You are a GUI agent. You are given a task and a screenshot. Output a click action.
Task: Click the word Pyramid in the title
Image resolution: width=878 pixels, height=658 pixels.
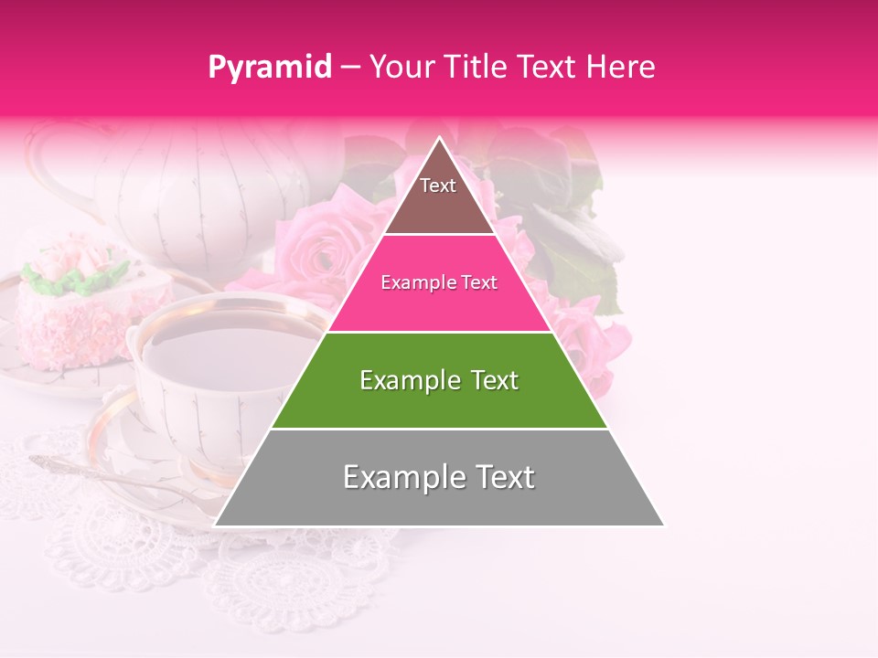coord(269,68)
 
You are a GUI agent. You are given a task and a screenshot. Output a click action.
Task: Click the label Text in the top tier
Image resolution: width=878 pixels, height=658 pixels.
coord(438,186)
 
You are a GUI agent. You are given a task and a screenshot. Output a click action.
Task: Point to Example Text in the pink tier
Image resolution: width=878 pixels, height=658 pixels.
coord(439,282)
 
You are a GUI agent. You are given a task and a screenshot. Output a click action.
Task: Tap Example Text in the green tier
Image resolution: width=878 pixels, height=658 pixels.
coord(439,380)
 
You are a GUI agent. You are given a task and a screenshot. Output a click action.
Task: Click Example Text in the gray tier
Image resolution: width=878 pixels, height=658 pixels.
coord(439,477)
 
